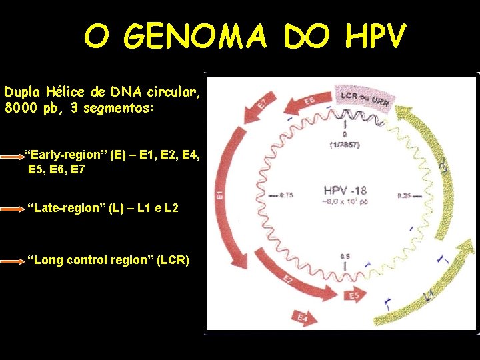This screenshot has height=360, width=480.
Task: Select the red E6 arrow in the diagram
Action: (308, 102)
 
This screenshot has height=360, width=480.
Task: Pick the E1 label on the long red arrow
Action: (219, 195)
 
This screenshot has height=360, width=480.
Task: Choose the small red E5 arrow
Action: (353, 294)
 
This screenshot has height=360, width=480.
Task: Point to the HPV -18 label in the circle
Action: (344, 190)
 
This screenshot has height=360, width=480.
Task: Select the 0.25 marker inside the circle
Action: (403, 195)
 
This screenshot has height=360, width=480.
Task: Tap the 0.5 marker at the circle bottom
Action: (345, 256)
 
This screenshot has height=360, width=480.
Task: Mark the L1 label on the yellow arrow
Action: (429, 293)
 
